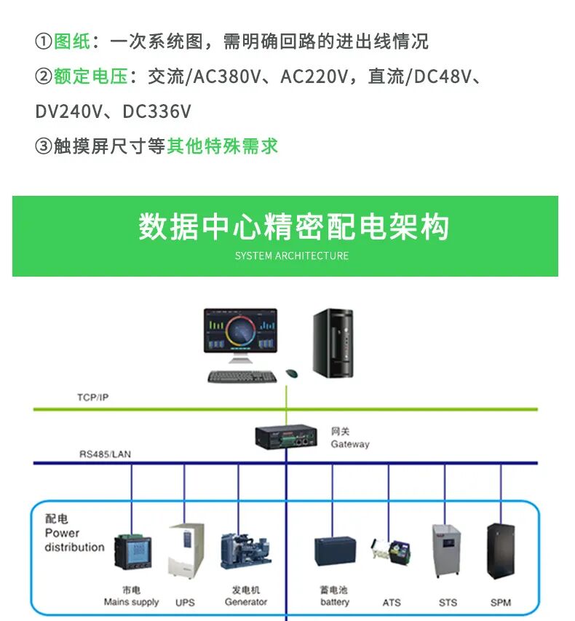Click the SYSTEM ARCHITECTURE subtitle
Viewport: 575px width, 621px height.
point(291,256)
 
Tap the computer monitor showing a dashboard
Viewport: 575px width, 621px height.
point(241,336)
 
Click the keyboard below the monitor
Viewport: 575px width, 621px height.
point(242,376)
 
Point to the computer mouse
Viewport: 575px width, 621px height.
point(291,373)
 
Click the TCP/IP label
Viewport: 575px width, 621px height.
point(92,397)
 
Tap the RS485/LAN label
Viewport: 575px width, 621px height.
point(106,454)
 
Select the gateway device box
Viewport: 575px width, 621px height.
point(286,436)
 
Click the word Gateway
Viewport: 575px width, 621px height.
point(350,444)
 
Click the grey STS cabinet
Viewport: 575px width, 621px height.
point(446,550)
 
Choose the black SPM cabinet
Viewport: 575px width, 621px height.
point(501,551)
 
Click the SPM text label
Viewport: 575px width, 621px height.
point(501,603)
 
